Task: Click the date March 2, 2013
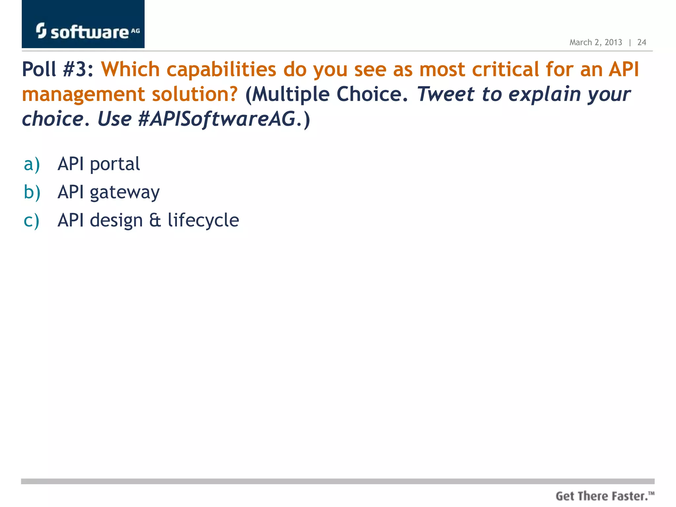595,43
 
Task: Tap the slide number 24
641,43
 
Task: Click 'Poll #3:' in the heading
58,70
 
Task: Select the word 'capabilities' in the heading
221,70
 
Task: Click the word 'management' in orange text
83,95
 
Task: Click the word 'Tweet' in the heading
446,94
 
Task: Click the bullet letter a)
32,164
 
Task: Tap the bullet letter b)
32,192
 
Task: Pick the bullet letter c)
31,220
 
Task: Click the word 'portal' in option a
115,164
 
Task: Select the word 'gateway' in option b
125,193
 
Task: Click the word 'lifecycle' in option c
203,220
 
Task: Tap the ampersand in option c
155,220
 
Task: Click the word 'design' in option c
116,221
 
